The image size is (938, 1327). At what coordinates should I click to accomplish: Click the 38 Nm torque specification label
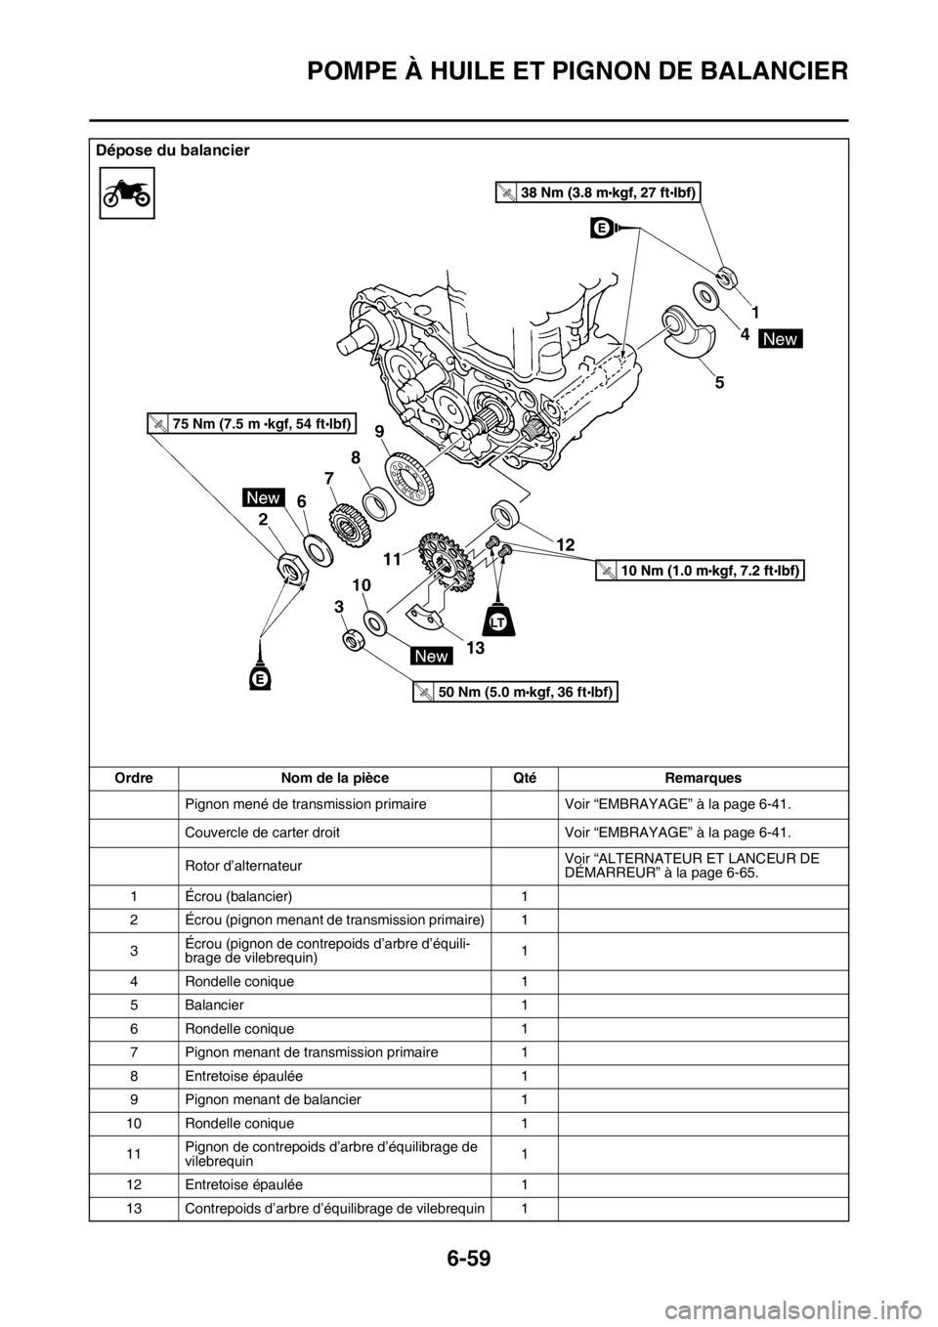tap(597, 193)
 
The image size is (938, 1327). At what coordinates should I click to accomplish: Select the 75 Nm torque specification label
tap(252, 423)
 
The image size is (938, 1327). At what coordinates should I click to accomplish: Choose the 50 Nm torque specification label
tap(515, 692)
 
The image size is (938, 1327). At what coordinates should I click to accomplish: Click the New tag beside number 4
tap(781, 338)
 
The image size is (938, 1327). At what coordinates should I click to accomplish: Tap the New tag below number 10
tap(431, 657)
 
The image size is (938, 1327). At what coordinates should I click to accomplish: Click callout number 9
tap(378, 430)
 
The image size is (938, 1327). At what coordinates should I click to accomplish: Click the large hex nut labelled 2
tap(291, 567)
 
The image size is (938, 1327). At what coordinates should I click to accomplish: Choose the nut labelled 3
tap(353, 640)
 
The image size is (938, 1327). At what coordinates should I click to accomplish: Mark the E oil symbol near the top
tap(601, 228)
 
